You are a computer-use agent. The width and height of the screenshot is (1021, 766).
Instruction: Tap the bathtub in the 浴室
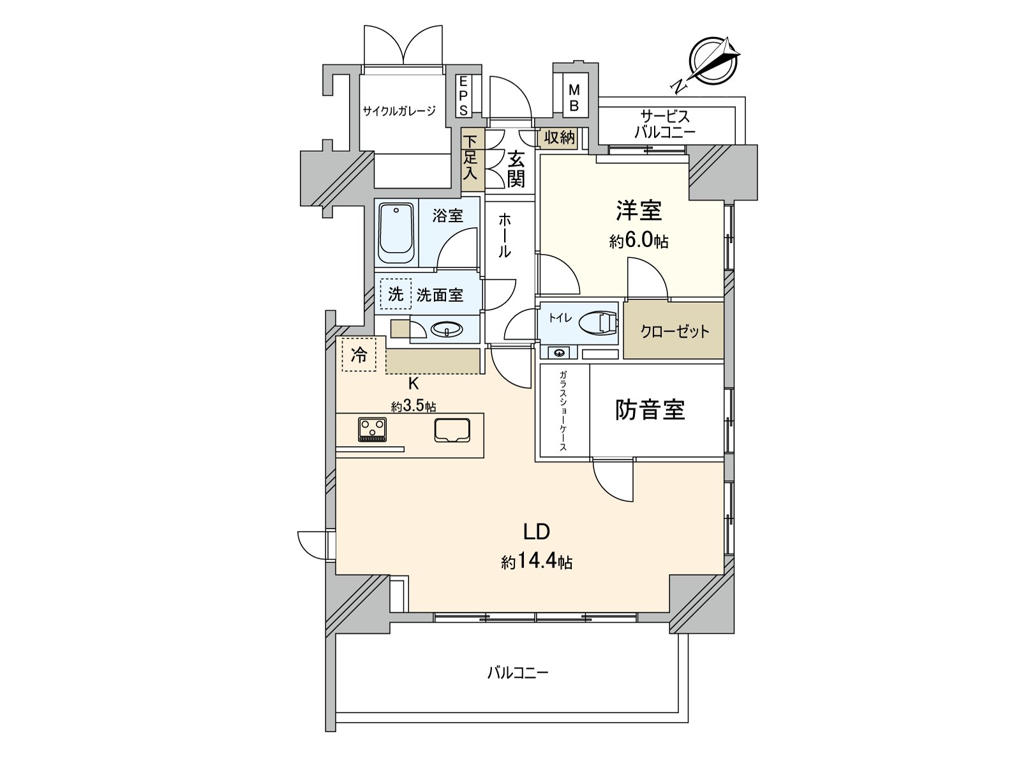396,234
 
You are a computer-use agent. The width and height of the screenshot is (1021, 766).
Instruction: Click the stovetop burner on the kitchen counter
372,428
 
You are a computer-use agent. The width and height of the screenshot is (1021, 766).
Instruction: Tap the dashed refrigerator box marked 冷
359,355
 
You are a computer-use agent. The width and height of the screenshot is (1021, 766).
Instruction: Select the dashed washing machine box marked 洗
396,294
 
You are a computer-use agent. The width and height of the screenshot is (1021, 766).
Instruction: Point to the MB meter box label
574,96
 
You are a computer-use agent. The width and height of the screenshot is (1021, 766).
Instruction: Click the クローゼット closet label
674,331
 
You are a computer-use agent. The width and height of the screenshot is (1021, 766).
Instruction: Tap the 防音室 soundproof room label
650,410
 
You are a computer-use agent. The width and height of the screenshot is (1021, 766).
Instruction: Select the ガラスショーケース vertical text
563,411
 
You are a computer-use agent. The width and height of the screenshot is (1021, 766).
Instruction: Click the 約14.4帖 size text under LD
536,562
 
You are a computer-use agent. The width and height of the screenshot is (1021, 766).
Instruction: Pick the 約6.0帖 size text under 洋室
638,242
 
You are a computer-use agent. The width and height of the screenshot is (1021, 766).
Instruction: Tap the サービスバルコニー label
665,124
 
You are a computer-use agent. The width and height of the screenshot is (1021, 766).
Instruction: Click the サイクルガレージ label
399,111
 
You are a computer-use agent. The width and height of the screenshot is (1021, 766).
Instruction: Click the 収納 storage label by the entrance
560,138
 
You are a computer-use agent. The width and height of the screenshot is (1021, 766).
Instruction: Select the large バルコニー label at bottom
518,673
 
